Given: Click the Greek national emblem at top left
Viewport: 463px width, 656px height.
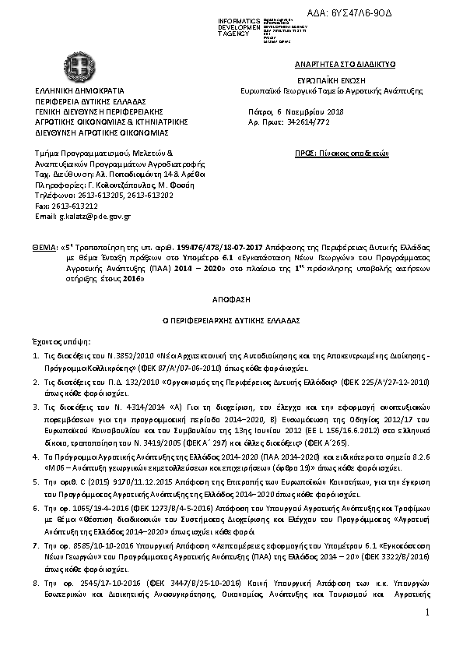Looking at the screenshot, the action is pos(77,72).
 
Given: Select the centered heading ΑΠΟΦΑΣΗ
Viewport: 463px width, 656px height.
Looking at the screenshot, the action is pos(232,299).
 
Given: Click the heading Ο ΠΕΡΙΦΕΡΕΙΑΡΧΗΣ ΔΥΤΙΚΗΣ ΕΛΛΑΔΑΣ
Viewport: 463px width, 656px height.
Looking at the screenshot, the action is pos(232,320).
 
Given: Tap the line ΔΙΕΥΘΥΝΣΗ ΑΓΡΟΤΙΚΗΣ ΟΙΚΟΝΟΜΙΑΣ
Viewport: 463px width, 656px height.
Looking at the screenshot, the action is pos(92,132).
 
